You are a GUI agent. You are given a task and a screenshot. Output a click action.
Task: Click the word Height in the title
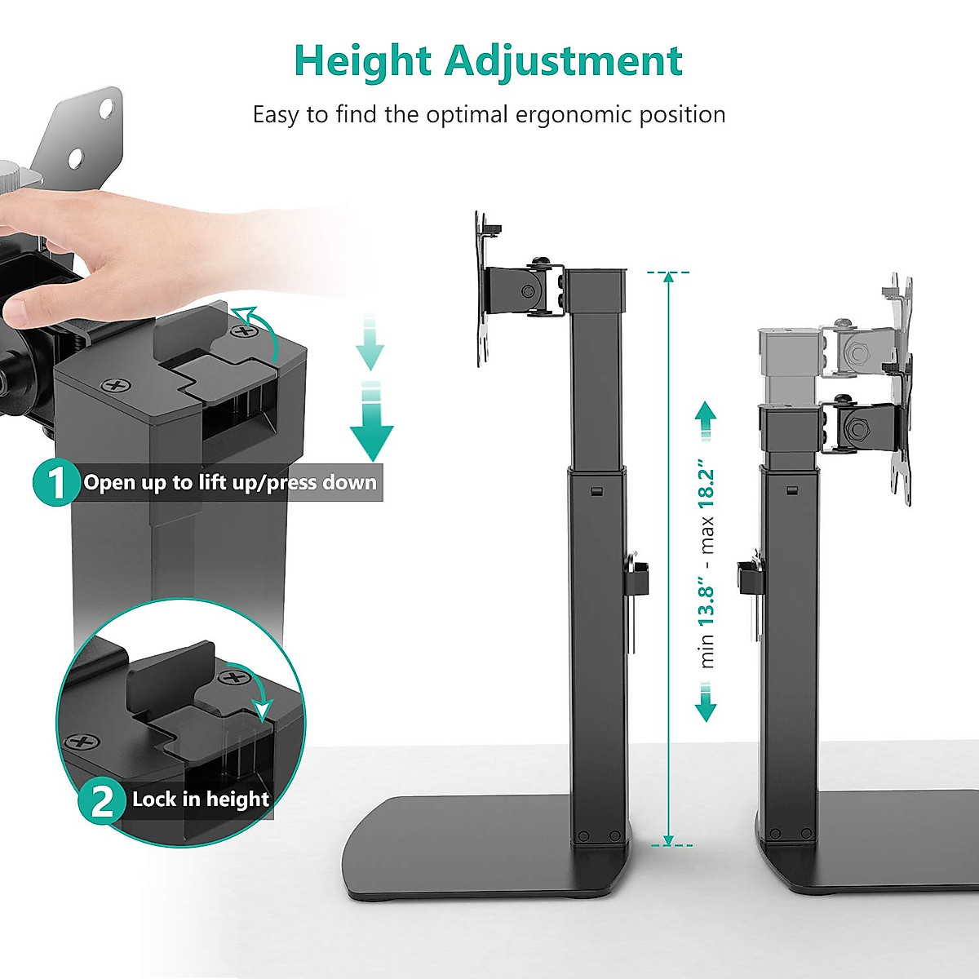363,61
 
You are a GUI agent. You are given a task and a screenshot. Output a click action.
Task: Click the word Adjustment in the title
564,61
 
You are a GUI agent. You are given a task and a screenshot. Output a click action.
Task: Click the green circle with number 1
55,483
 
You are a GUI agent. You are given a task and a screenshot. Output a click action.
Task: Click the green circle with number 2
102,800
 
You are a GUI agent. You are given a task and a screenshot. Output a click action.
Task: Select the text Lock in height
201,799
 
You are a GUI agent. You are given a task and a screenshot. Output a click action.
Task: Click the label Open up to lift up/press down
230,483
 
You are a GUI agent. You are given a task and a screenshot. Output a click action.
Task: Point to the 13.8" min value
707,605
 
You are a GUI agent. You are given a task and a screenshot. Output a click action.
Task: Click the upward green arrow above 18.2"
707,420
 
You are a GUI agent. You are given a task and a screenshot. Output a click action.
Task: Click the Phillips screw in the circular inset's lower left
82,742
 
